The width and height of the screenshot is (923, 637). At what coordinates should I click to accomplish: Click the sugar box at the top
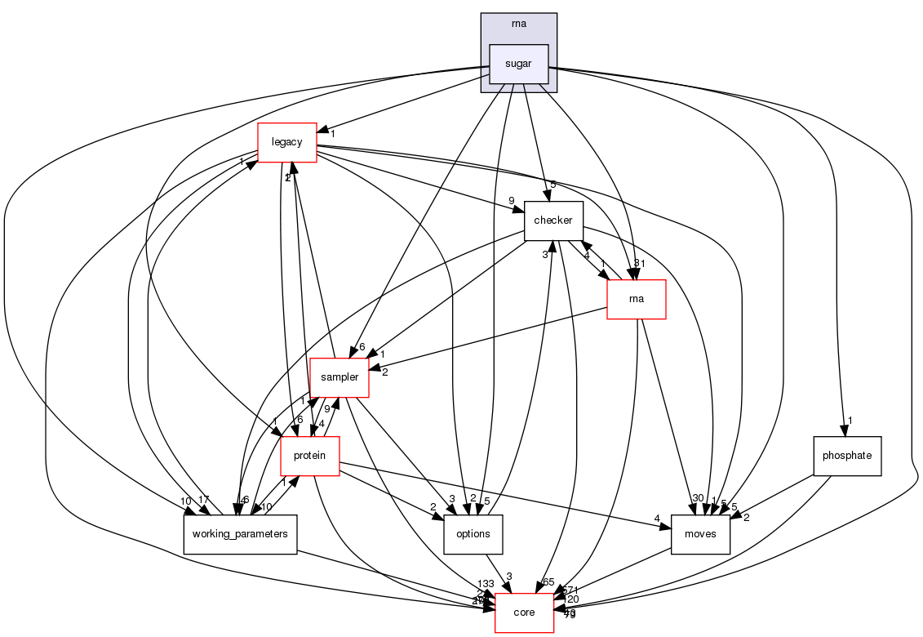click(518, 64)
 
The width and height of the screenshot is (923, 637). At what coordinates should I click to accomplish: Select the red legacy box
click(286, 142)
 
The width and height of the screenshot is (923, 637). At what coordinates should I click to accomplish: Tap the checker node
click(553, 220)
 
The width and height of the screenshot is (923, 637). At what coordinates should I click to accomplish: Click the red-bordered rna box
click(636, 299)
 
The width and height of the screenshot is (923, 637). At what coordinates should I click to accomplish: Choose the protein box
click(310, 456)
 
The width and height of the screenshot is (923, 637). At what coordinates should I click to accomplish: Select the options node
click(473, 534)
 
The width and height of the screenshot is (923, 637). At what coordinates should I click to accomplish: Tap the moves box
click(699, 534)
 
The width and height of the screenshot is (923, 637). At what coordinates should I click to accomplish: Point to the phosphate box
click(847, 456)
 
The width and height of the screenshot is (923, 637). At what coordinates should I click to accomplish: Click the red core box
click(524, 612)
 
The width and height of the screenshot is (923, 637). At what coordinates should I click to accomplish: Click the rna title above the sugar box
click(518, 24)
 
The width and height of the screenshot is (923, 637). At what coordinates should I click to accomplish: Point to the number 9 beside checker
click(511, 202)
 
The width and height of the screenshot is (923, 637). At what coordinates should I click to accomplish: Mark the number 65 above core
click(548, 581)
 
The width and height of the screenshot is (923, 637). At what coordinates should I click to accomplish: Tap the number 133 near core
click(486, 584)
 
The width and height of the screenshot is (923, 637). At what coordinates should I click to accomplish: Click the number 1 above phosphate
click(850, 421)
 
